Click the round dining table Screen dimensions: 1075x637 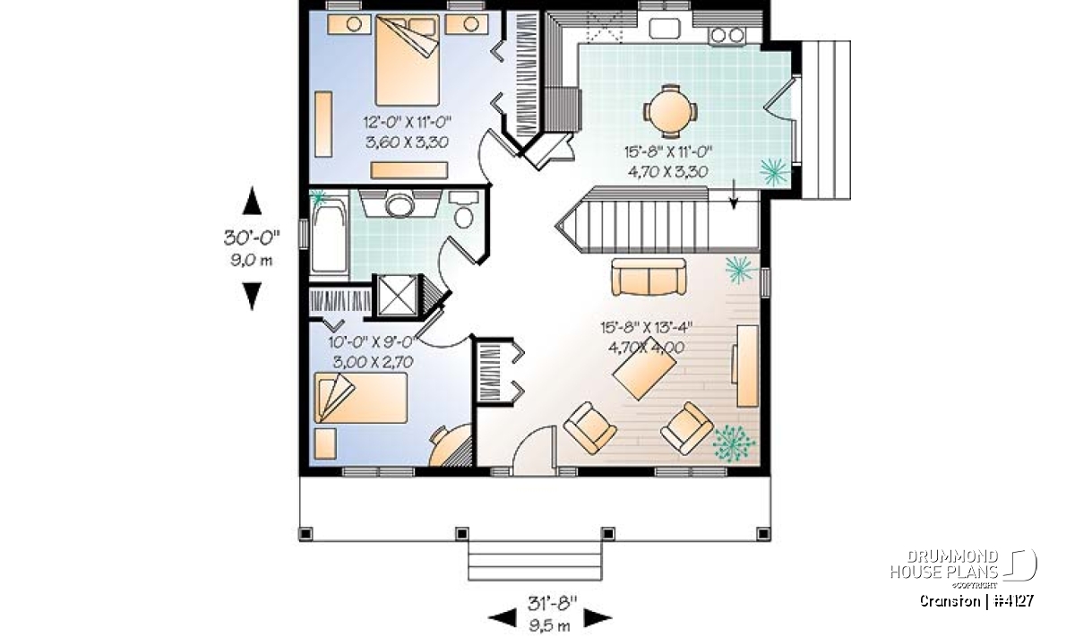(x=670, y=112)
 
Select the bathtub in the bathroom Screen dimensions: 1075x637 (x=330, y=237)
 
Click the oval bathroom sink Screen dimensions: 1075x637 (x=400, y=206)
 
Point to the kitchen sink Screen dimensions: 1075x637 (x=665, y=28)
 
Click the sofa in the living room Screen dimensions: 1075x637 (x=649, y=277)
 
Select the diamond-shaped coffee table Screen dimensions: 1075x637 (x=644, y=368)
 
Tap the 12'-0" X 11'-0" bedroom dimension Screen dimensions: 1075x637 (x=408, y=123)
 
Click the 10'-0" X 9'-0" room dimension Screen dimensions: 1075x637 (x=371, y=342)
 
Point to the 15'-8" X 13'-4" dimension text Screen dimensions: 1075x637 (x=647, y=327)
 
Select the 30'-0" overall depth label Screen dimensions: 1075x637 (x=252, y=237)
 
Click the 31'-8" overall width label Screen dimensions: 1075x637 (x=552, y=603)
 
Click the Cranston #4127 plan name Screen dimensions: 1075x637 (x=976, y=601)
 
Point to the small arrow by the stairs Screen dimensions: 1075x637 (x=734, y=194)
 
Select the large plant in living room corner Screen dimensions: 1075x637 (x=734, y=443)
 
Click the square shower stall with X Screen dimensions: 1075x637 (x=397, y=296)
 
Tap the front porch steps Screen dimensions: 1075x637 (x=535, y=561)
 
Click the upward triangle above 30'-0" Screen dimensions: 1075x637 (x=252, y=201)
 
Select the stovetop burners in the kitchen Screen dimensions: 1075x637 (x=727, y=35)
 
